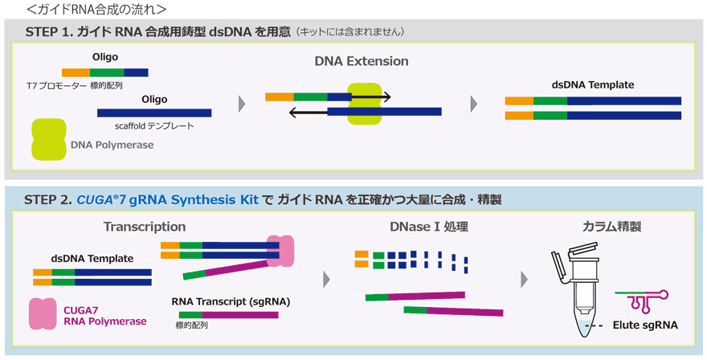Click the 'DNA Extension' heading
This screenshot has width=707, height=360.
click(x=362, y=61)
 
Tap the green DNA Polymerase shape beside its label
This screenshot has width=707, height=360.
click(x=49, y=139)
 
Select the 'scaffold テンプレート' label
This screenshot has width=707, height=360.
click(x=154, y=126)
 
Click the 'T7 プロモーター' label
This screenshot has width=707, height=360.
click(x=56, y=85)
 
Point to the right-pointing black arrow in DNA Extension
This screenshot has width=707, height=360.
click(x=371, y=96)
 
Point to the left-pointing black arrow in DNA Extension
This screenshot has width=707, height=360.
click(x=308, y=112)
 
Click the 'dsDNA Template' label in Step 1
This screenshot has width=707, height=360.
click(x=593, y=85)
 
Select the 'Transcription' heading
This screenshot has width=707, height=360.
click(x=145, y=227)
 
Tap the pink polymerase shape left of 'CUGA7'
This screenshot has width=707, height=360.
click(x=43, y=313)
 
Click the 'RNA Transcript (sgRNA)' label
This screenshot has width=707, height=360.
click(x=231, y=301)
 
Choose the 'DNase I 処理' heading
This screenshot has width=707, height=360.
click(x=429, y=227)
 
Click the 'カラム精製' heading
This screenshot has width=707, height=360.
click(x=611, y=227)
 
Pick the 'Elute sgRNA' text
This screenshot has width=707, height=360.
click(x=645, y=325)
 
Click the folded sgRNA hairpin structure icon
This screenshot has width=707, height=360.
click(x=642, y=300)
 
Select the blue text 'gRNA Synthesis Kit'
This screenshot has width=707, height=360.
click(x=194, y=200)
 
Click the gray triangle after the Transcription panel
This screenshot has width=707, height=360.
click(x=327, y=280)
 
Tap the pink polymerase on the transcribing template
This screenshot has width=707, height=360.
click(x=280, y=251)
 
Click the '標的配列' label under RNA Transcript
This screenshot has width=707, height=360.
click(x=192, y=325)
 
